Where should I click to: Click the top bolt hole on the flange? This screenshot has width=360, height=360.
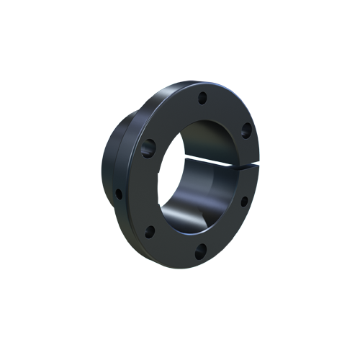tap(203, 96)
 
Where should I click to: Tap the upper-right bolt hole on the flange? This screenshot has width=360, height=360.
tap(246, 130)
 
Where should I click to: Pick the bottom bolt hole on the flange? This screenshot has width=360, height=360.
tap(201, 250)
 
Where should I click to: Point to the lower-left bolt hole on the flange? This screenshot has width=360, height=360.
tap(150, 232)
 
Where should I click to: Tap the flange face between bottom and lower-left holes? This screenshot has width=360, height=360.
tap(173, 246)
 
